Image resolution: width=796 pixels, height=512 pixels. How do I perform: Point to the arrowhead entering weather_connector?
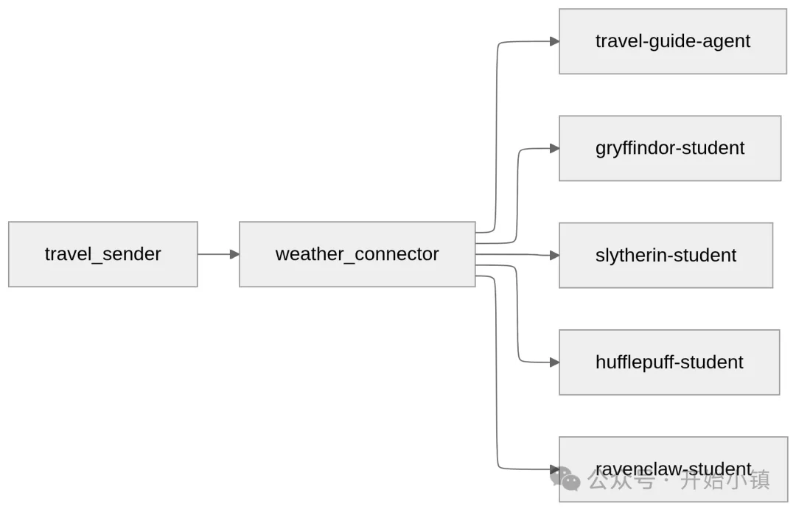(x=234, y=254)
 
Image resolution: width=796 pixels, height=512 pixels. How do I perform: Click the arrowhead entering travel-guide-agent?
(x=554, y=42)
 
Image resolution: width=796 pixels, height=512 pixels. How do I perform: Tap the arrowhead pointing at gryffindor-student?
(x=554, y=149)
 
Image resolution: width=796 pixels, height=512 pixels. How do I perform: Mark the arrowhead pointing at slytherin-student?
(x=554, y=256)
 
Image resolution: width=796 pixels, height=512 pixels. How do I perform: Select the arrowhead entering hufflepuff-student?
(x=554, y=362)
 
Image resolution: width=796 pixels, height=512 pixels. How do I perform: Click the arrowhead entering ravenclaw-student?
(x=554, y=469)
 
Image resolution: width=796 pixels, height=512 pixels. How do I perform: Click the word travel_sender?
(x=103, y=254)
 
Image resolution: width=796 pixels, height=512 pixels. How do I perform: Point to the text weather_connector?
(x=357, y=254)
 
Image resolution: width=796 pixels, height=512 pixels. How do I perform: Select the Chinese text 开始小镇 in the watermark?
(x=725, y=481)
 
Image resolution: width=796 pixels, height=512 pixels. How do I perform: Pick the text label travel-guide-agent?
(x=672, y=41)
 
